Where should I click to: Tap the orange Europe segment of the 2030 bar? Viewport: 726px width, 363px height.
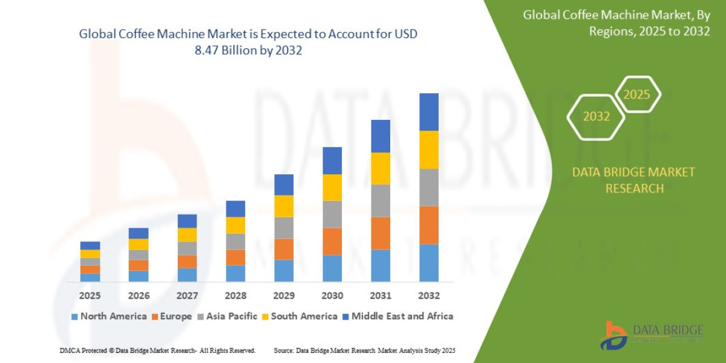[x=332, y=241]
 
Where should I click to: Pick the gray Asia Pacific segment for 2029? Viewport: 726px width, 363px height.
[x=284, y=227]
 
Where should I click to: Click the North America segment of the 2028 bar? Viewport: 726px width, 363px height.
[x=235, y=273]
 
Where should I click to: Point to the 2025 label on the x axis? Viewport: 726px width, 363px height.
[x=90, y=296]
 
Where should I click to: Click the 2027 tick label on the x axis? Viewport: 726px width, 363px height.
[x=187, y=296]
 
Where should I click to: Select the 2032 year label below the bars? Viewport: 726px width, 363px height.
[x=428, y=296]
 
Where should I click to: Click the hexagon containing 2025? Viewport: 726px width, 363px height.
[x=636, y=95]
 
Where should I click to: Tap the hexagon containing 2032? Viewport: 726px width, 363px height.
[x=596, y=117]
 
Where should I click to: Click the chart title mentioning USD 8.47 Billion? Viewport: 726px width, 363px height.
[x=248, y=42]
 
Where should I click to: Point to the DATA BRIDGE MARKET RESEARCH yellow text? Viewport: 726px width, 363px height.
[x=633, y=180]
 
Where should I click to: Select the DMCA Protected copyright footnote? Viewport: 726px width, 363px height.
[x=157, y=350]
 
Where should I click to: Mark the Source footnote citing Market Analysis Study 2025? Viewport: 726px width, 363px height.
[x=364, y=350]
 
